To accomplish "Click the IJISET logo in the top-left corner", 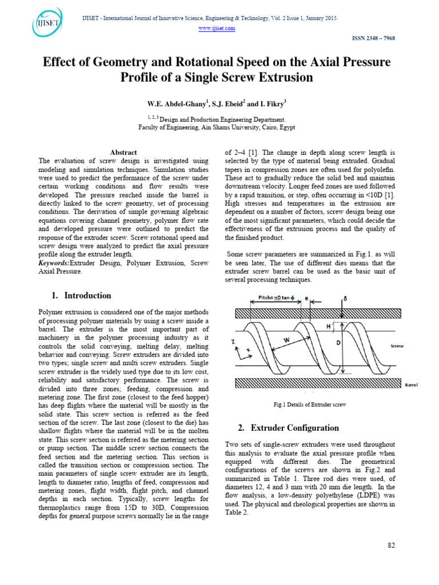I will point(47,24).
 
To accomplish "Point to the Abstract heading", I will point(123,153).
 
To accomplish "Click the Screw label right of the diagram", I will point(397,346).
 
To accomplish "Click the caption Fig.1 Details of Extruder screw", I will point(310,405).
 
